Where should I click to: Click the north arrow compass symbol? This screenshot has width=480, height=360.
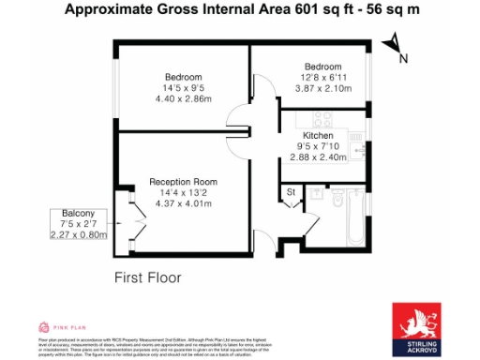pyautogui.click(x=395, y=46)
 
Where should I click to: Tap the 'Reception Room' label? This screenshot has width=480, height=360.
pyautogui.click(x=185, y=181)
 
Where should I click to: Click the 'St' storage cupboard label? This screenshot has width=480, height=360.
pyautogui.click(x=291, y=192)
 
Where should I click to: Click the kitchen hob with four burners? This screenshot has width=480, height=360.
pyautogui.click(x=323, y=119)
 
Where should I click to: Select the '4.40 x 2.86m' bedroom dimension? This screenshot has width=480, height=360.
pyautogui.click(x=183, y=98)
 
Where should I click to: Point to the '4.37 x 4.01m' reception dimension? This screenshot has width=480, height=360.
pyautogui.click(x=185, y=203)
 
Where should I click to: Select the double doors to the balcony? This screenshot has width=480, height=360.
pyautogui.click(x=129, y=223)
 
